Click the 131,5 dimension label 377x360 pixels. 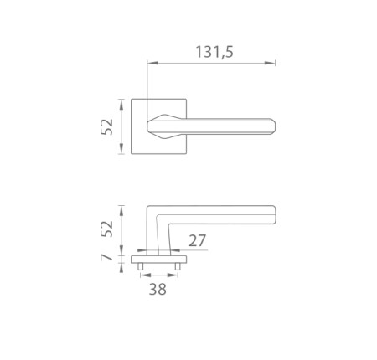coord(214,52)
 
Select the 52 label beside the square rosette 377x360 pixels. coord(107,127)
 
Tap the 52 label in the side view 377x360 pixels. coord(107,229)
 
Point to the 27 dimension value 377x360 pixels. coord(198,240)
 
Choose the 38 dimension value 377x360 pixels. coord(158,289)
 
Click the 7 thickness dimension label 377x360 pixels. coord(106,257)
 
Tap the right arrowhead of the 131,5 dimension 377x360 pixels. coord(270,63)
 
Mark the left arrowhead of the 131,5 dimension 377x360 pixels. coord(152,63)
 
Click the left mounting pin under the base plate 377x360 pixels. coord(141,266)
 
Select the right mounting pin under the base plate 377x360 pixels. coord(178,266)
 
